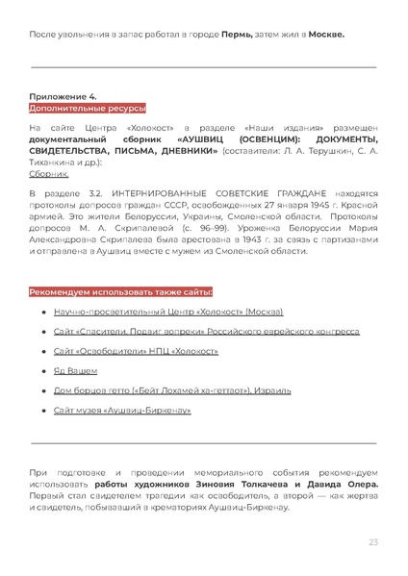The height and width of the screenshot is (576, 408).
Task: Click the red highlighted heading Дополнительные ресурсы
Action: (73, 109)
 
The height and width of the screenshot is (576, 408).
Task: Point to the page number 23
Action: (372, 542)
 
